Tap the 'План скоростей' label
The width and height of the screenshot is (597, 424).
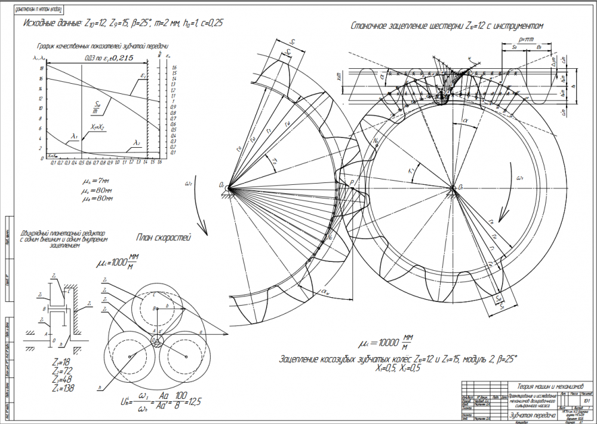(163, 239)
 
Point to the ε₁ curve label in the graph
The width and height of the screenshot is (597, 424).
(144, 76)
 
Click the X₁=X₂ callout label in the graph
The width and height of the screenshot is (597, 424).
(98, 127)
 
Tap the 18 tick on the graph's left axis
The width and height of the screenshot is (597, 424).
(40, 68)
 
